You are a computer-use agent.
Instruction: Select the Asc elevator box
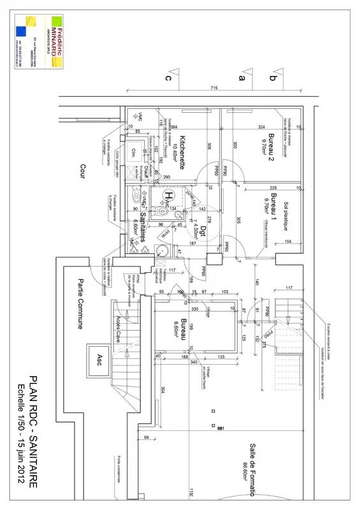[99, 356]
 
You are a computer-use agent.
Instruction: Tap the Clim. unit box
[134, 152]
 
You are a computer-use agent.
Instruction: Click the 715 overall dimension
[214, 87]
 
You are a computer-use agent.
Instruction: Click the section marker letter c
[168, 78]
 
